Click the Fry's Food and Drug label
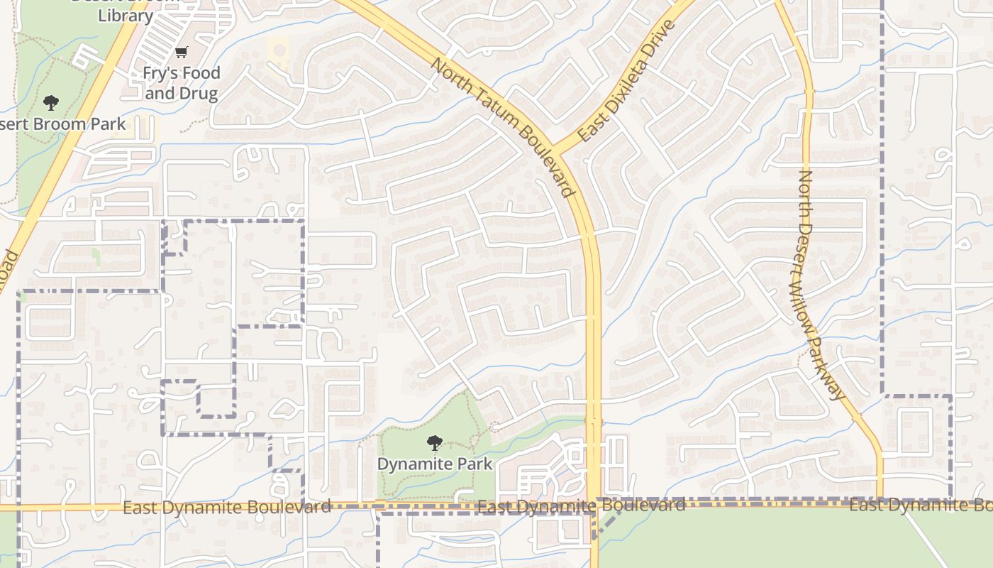coord(182,82)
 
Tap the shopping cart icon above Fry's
coord(182,52)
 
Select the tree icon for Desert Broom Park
coord(50,103)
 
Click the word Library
coord(126,15)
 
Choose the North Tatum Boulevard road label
coord(502,128)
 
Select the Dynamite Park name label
coord(434,464)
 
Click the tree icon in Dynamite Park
coord(434,444)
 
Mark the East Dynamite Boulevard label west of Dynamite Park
coord(227,507)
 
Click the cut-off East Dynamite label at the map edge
coord(921,505)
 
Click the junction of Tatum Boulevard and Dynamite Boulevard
coord(593,506)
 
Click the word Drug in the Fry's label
coord(199,93)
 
